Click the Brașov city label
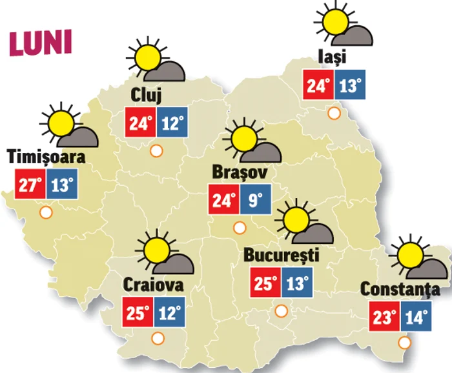[240, 173]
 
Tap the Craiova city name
[152, 285]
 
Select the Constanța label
[400, 289]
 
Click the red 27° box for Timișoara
[30, 186]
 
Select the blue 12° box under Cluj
[171, 122]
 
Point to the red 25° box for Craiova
[138, 314]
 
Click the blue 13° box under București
[297, 283]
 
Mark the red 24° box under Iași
[319, 85]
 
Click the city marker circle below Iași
[334, 114]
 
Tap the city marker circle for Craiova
[157, 338]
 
